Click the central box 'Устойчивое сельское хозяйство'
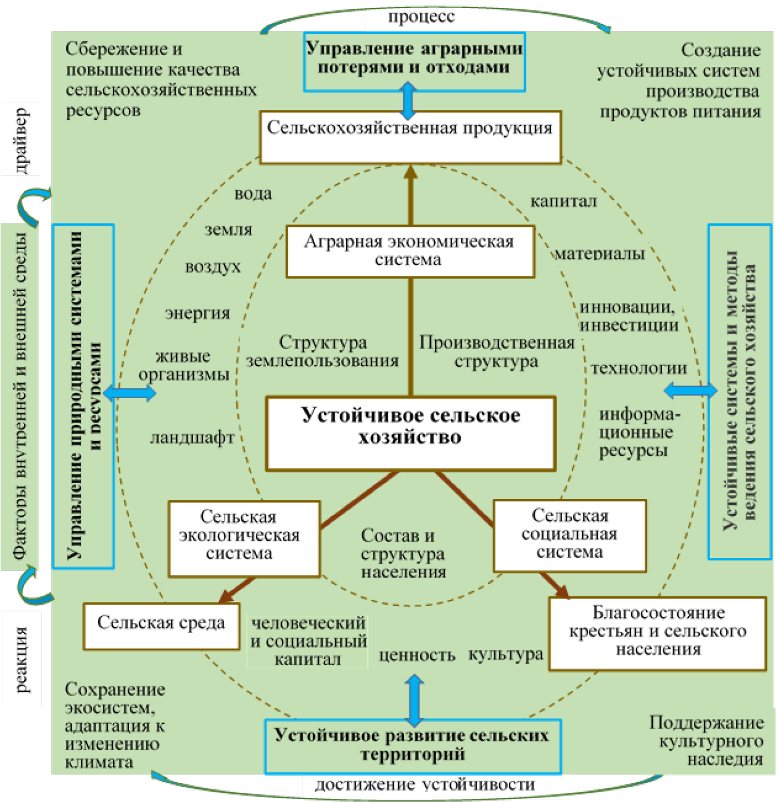pos(410,433)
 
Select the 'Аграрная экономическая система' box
pos(410,251)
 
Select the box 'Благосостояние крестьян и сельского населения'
pos(657,633)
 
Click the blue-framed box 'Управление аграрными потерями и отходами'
pos(414,61)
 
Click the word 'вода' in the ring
pos(253,194)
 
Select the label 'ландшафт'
pos(192,438)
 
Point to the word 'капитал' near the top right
pos(563,202)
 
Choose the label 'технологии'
pos(638,368)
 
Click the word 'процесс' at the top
pos(421,17)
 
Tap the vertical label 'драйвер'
pos(21,140)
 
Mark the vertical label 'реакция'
pos(21,659)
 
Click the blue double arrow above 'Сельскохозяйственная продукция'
pos(408,100)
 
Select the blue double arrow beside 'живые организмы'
pos(130,393)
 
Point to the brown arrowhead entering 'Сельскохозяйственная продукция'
pos(410,171)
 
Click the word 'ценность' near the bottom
pos(417,655)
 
